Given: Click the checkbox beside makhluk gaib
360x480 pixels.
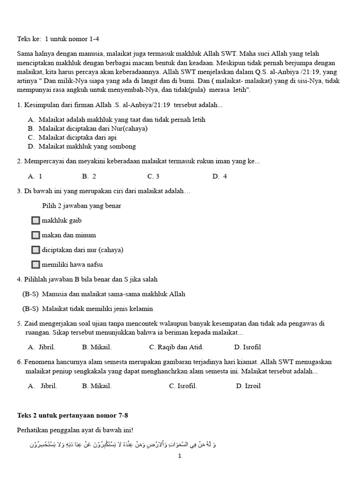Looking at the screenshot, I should click(x=36, y=221).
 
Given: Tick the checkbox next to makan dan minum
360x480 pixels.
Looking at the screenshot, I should click(x=36, y=235).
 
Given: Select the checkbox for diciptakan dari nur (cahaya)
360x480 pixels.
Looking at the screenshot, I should click(x=36, y=250).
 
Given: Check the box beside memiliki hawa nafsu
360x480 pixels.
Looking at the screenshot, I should click(x=36, y=265).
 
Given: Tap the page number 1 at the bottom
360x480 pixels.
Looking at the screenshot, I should click(x=180, y=456).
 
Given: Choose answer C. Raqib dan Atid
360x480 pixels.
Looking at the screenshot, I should click(x=176, y=347).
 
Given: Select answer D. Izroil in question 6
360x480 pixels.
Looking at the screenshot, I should click(x=248, y=386).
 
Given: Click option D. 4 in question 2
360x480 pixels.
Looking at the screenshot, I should click(x=219, y=176).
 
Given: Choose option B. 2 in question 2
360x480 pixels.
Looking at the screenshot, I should click(x=89, y=176).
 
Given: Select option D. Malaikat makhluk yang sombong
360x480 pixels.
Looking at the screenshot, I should click(x=82, y=146).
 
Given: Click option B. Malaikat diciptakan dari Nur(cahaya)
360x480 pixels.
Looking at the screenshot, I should click(x=88, y=128).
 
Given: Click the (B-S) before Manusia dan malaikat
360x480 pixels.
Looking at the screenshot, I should click(x=30, y=294).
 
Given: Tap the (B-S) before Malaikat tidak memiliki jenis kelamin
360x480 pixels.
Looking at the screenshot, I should click(x=30, y=309).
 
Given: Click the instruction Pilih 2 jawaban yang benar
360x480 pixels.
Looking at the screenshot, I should click(x=82, y=206).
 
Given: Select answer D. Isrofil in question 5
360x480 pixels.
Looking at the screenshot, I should click(x=247, y=347).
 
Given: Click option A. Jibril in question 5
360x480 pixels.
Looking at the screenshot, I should click(x=42, y=347).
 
